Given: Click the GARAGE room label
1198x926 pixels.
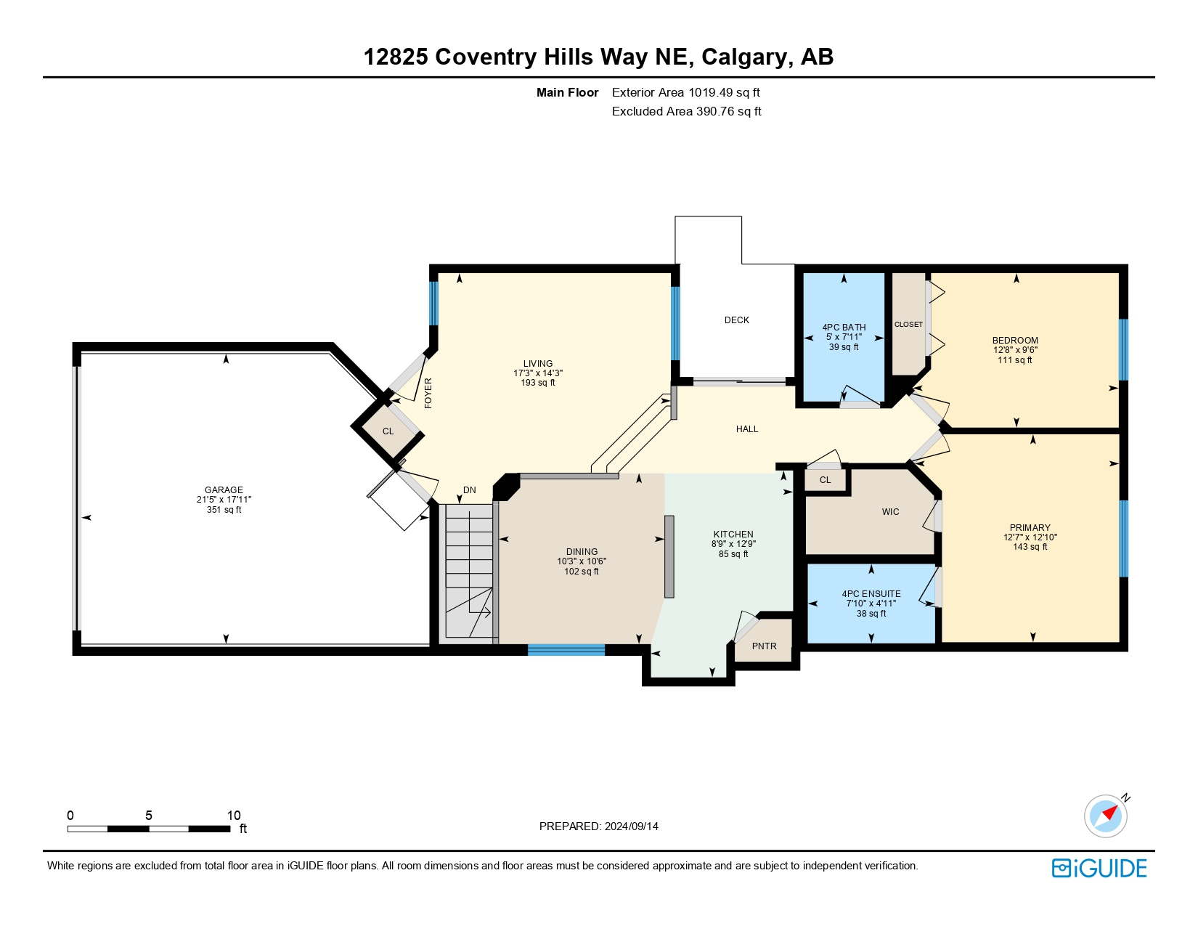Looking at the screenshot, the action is coord(224,490).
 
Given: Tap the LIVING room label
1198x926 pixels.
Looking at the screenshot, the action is coord(537,363).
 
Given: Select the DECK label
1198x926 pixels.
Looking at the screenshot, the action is coord(736,320).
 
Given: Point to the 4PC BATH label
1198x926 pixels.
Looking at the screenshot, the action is coord(844,327).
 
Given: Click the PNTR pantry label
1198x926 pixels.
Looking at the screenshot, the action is coord(764,646).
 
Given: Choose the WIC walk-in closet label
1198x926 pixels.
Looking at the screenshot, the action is coord(890,512).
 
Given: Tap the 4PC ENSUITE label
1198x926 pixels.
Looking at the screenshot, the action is coord(871,593).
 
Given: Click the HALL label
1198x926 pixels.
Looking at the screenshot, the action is coord(747,429).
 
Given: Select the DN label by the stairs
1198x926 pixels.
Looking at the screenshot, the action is coord(469,490).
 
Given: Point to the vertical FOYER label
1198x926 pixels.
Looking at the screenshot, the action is coord(428,393).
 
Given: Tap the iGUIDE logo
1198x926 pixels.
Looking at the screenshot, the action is coord(1099,868).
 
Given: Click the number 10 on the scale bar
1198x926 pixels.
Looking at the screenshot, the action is coord(234,815).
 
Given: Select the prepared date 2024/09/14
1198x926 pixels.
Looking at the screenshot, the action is coord(631,827).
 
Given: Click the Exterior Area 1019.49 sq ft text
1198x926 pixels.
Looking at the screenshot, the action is coord(686,93).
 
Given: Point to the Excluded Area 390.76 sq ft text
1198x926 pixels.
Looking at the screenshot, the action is coord(686,111).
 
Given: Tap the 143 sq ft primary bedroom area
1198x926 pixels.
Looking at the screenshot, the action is coord(1030,547).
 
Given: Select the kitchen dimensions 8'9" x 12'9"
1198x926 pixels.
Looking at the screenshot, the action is coord(733,544).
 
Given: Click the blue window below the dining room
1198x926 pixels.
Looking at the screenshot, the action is coord(566,650).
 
